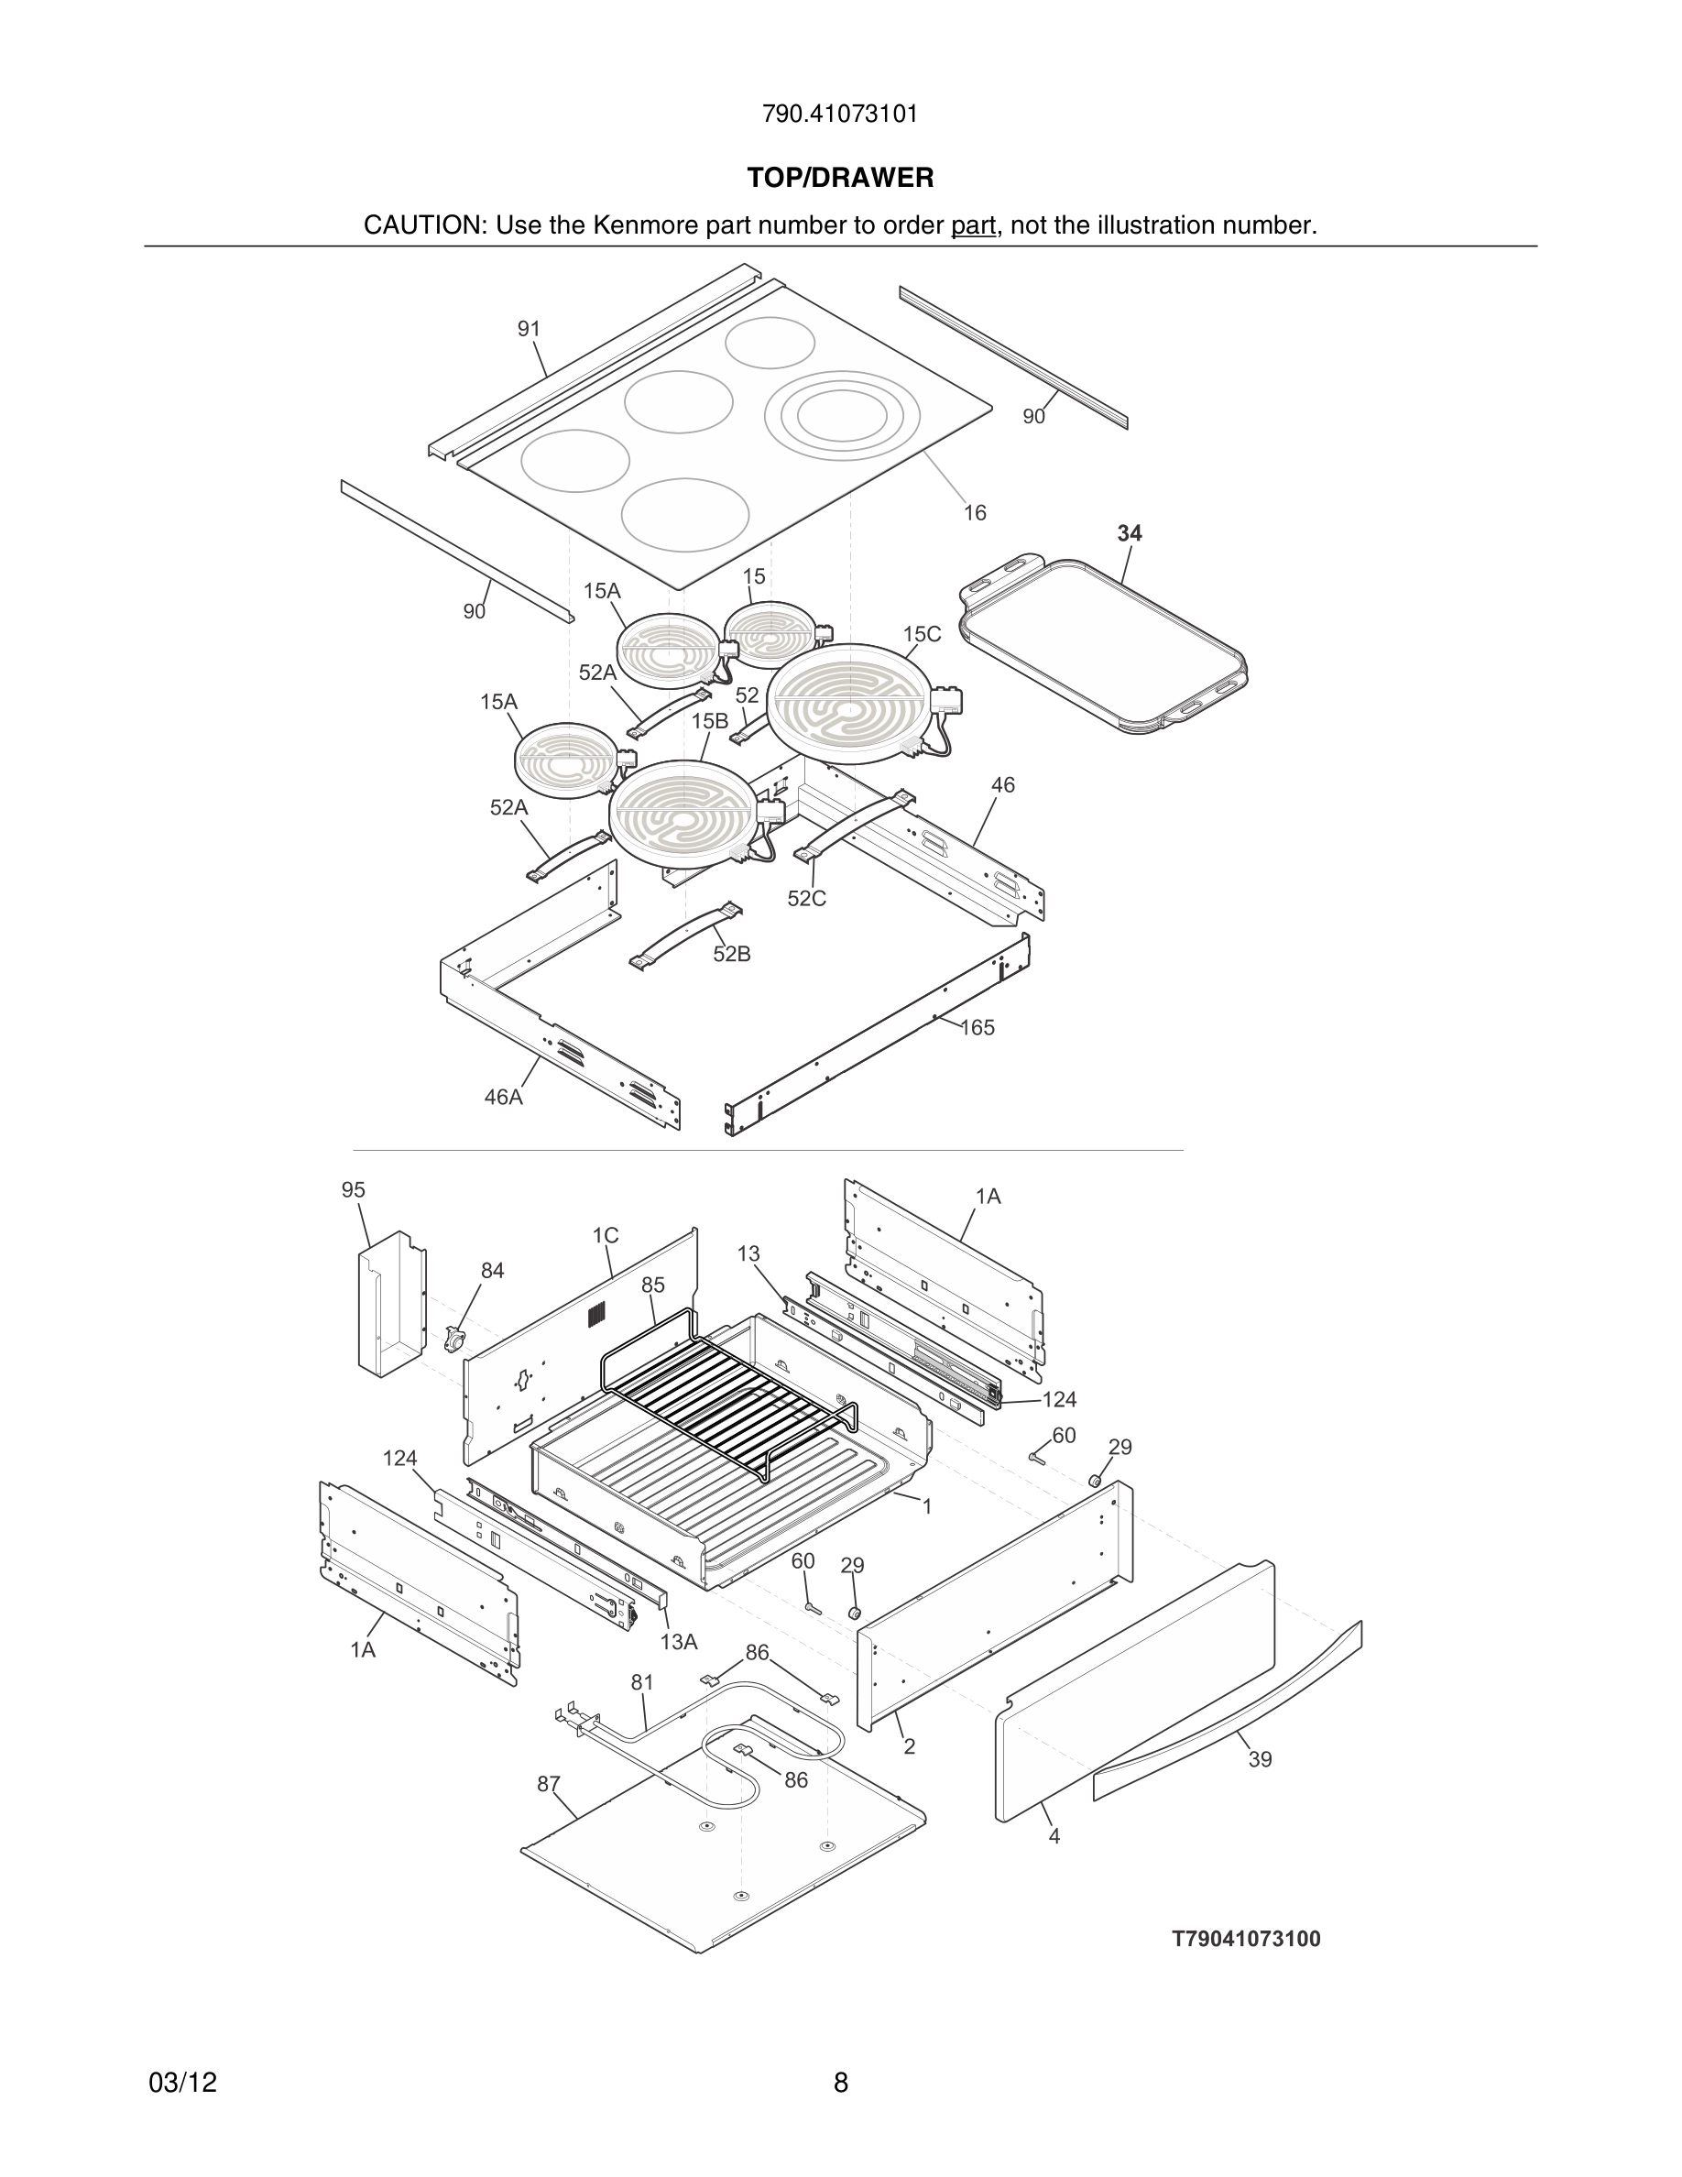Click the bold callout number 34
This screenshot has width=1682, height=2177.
click(x=1129, y=533)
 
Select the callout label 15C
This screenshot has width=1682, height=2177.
click(x=922, y=634)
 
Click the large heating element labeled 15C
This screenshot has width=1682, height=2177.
click(x=849, y=704)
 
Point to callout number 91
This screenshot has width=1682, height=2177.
click(x=528, y=329)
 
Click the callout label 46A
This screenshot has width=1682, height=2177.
click(x=503, y=1098)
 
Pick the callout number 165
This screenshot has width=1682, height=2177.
click(x=977, y=1028)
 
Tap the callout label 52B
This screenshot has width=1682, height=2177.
click(x=731, y=954)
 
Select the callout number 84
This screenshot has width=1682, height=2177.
click(x=492, y=1271)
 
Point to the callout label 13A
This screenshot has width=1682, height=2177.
click(x=679, y=1642)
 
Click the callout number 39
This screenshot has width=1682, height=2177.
click(x=1260, y=1759)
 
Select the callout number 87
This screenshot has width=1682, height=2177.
click(x=548, y=1784)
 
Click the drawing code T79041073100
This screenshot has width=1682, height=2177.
click(x=1246, y=1939)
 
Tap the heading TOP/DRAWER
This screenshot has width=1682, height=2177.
click(x=840, y=179)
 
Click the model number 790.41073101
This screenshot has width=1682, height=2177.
click(x=840, y=115)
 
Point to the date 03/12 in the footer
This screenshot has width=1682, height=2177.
click(x=182, y=2083)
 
